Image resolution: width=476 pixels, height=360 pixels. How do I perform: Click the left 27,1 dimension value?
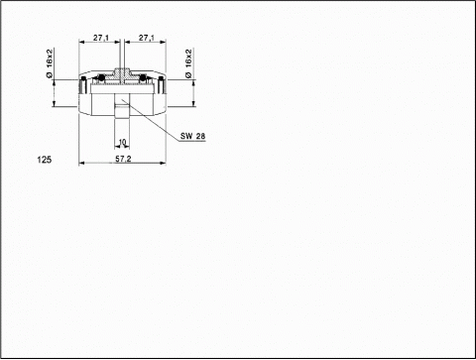pos(101,38)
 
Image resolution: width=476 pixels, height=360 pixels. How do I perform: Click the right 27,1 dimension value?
pos(147,38)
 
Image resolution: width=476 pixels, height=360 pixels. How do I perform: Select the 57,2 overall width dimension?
pos(123,159)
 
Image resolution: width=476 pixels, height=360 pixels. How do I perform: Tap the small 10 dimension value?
pos(122,142)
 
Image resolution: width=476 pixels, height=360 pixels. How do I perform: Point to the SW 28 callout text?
pos(192,136)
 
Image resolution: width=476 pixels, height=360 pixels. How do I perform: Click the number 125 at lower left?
pos(45,160)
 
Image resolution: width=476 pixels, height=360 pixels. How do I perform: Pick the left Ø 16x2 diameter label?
pos(50,63)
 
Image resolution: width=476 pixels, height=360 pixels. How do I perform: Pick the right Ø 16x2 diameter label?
pos(188,63)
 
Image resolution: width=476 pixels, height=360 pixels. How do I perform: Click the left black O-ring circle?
pos(101,78)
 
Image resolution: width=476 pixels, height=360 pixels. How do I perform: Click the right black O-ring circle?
pos(143,78)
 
